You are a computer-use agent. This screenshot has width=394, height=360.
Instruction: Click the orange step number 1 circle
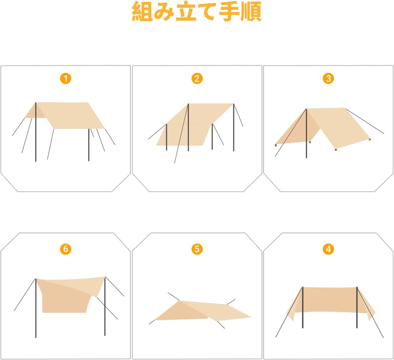(x=66, y=78)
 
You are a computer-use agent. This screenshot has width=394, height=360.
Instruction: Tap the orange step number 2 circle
(x=197, y=78)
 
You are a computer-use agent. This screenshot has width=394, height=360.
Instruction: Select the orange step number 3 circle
(x=328, y=78)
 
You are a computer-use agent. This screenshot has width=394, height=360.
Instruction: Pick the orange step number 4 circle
(x=328, y=249)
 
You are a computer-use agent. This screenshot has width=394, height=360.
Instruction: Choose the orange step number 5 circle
(x=197, y=249)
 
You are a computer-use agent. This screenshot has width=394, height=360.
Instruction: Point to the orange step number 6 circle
(x=66, y=249)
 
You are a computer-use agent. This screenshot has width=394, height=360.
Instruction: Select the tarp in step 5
(x=197, y=310)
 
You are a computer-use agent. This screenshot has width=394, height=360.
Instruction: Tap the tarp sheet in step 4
(x=329, y=301)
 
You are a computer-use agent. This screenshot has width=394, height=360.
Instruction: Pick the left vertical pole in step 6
(x=36, y=315)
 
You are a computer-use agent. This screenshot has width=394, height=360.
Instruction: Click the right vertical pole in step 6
(x=105, y=315)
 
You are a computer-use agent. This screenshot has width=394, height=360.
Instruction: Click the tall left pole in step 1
(x=36, y=138)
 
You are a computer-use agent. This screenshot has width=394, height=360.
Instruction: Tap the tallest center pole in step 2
(x=188, y=133)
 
